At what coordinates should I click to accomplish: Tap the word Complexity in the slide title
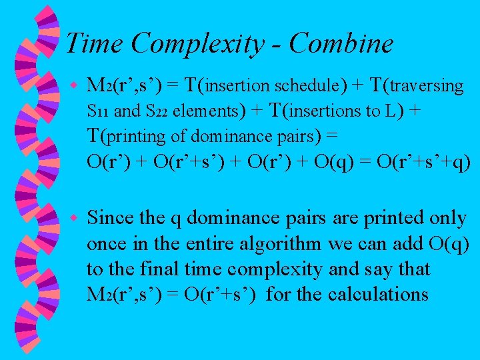197,44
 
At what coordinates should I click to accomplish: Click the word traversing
427,86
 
